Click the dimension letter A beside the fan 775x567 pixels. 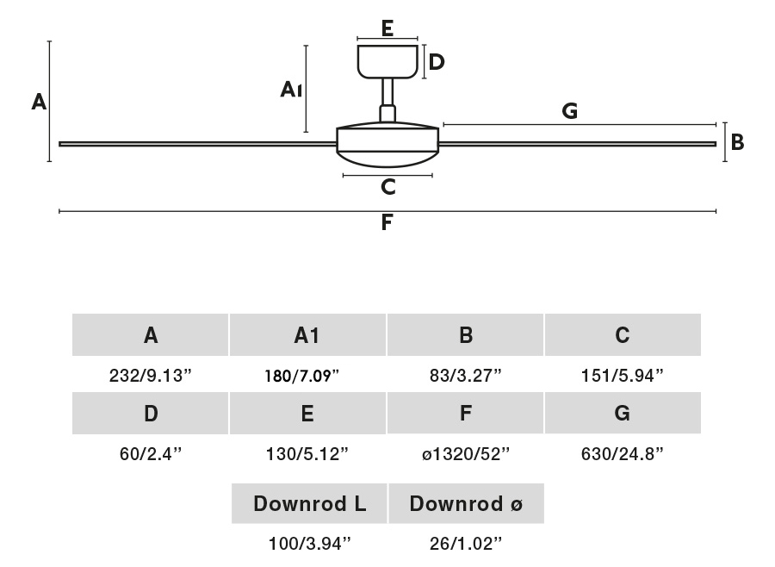click(39, 103)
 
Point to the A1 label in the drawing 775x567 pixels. click(291, 89)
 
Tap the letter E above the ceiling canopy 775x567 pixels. click(387, 28)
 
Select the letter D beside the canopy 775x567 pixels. click(437, 62)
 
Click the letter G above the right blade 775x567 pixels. click(569, 110)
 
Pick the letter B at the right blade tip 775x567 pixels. click(737, 142)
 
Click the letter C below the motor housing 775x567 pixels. click(387, 186)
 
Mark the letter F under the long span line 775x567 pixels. click(387, 223)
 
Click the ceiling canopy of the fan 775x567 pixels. click(387, 60)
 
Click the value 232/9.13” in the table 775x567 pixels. click(151, 376)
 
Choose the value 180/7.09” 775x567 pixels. click(307, 376)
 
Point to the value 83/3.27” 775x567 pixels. click(466, 376)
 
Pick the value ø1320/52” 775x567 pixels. click(466, 453)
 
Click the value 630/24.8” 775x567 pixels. click(623, 453)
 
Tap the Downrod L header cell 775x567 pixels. click(309, 504)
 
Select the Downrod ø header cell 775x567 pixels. click(466, 504)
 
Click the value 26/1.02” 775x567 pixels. click(466, 543)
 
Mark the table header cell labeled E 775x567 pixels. click(307, 414)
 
